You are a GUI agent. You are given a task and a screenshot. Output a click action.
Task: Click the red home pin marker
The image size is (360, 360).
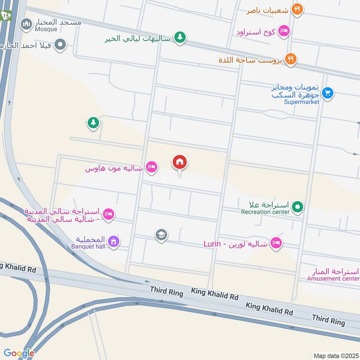(x=180, y=162)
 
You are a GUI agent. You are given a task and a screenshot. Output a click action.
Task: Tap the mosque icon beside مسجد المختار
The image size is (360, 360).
(x=27, y=22)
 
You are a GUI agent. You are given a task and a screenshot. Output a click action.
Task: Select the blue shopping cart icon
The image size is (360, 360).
(x=328, y=93)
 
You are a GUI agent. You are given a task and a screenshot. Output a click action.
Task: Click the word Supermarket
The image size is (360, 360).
(x=301, y=102)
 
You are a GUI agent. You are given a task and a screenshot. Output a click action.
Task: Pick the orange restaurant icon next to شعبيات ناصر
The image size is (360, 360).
(x=297, y=9)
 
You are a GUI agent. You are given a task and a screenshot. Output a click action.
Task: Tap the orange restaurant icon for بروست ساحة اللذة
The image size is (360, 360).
(x=291, y=59)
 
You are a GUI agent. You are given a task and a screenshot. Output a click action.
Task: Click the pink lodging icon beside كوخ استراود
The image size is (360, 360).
(x=284, y=31)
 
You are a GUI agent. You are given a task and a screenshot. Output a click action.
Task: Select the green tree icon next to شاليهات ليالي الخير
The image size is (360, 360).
(x=180, y=37)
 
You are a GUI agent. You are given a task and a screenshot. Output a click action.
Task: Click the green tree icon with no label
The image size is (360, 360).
(x=93, y=122)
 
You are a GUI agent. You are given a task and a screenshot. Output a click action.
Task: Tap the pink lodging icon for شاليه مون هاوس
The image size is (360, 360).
(x=152, y=168)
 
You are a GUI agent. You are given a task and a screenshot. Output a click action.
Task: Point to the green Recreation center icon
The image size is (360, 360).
(x=297, y=207)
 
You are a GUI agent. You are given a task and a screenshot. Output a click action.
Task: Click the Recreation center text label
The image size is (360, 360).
(x=265, y=212)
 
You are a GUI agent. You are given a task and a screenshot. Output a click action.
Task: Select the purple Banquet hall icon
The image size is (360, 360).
(x=114, y=242)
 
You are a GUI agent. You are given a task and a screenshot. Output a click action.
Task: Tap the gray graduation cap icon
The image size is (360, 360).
(x=161, y=234)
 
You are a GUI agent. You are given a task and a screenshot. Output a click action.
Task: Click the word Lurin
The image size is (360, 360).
(x=212, y=243)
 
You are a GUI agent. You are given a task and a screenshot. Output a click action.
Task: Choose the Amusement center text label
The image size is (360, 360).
(x=333, y=279)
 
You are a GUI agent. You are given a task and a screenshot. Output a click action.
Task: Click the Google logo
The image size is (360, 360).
(x=18, y=353)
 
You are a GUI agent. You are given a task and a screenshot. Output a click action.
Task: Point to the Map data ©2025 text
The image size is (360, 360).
(x=335, y=355)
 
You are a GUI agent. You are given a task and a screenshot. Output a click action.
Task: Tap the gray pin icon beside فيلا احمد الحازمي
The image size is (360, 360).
(x=60, y=45)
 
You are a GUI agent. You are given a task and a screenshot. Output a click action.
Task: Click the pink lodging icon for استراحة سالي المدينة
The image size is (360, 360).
(x=108, y=215)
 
